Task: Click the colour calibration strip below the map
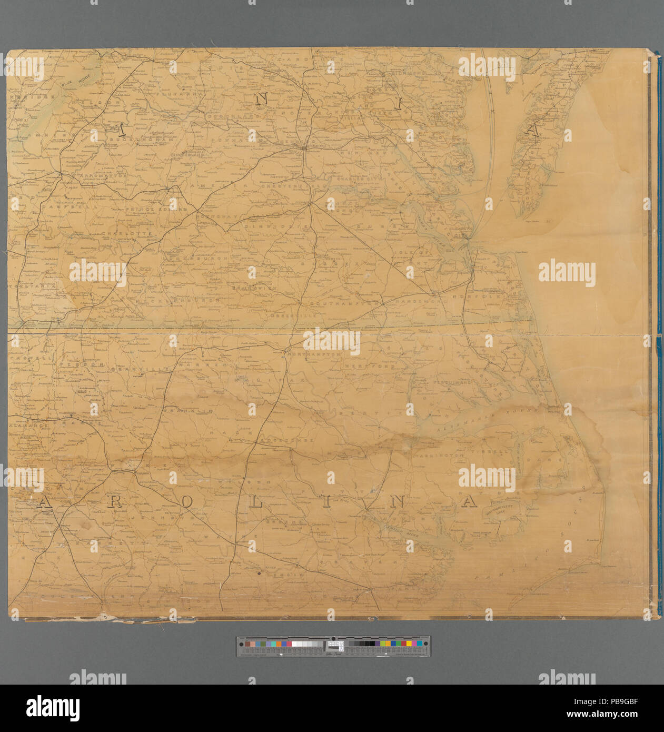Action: point(333,646)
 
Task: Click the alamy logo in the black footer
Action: point(53,708)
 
